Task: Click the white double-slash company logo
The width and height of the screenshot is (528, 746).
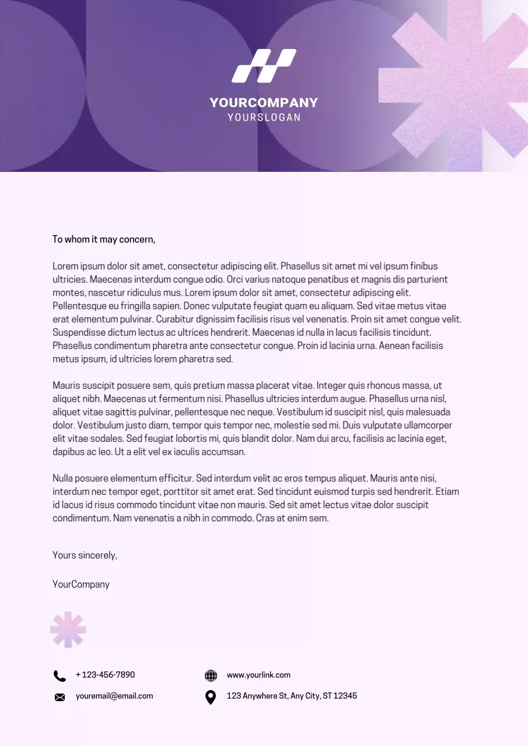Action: (264, 66)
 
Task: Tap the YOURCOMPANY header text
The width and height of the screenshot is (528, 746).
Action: (264, 103)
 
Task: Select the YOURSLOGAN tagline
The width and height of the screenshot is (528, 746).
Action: (264, 117)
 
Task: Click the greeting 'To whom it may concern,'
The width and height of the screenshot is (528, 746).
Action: (104, 240)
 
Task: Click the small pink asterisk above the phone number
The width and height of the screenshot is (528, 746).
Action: (68, 630)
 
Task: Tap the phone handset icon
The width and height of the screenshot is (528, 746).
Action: (60, 675)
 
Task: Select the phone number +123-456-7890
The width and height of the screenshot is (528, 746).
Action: (105, 675)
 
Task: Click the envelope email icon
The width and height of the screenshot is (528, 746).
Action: (60, 697)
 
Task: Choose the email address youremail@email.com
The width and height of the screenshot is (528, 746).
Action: (114, 696)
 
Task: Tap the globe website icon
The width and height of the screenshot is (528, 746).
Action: (211, 675)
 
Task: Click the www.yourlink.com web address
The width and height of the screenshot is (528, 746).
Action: (258, 675)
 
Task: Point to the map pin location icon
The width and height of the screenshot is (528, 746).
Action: (211, 697)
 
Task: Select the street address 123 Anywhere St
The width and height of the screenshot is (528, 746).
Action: (292, 696)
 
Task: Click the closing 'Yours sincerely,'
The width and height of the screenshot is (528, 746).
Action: (85, 555)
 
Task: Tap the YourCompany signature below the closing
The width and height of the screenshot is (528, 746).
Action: (81, 585)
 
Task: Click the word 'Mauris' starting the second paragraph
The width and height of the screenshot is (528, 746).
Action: (66, 386)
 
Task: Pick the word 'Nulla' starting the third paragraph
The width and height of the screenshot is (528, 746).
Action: (64, 478)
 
